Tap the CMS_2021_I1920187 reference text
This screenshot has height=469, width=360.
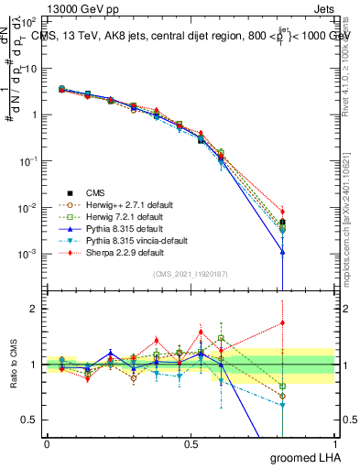tap(191, 274)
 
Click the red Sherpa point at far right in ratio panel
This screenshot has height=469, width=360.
tap(283, 322)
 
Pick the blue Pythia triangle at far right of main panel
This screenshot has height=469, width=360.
tap(283, 252)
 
